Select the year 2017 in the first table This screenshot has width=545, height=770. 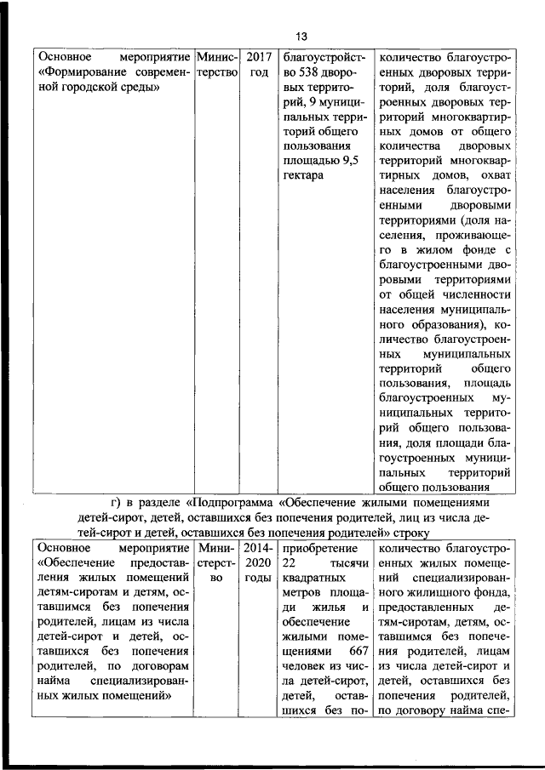[x=258, y=57]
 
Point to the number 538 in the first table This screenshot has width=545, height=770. [x=316, y=73]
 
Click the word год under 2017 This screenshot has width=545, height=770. [x=258, y=73]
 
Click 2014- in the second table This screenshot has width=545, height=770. [x=257, y=549]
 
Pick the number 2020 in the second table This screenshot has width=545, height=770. [x=257, y=563]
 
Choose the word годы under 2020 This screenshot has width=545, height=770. [x=257, y=579]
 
